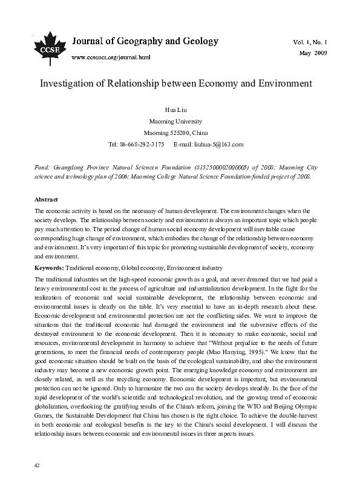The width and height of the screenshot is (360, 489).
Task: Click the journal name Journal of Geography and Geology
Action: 145,41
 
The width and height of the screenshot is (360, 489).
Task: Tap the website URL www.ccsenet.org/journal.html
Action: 111,57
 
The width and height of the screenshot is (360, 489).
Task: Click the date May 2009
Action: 313,54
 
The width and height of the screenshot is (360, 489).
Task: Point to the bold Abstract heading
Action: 46,199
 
